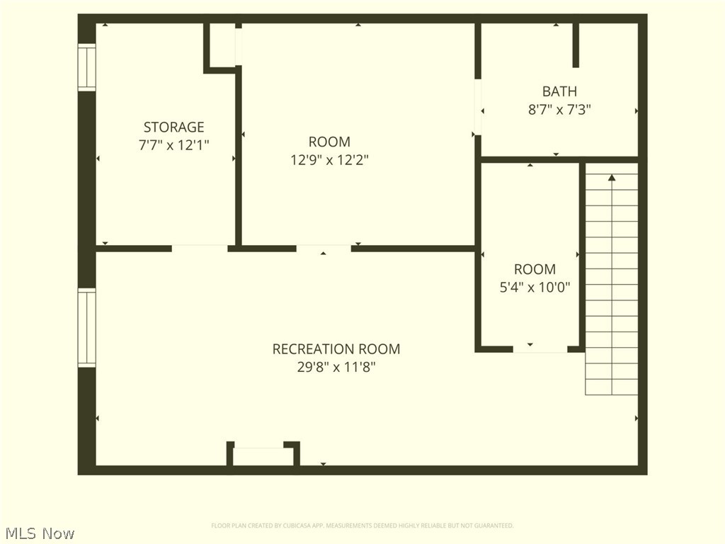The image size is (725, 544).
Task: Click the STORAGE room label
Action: click(x=173, y=127)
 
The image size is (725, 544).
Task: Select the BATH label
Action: click(x=559, y=91)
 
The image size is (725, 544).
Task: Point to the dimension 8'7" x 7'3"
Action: click(x=559, y=110)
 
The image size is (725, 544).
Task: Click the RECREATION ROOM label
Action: click(x=336, y=348)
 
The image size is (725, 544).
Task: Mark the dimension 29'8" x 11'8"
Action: click(x=336, y=367)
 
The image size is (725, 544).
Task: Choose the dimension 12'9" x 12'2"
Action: click(x=329, y=160)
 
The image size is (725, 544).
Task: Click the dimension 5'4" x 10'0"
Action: click(x=535, y=287)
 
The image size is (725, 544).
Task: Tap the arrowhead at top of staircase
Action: click(x=612, y=177)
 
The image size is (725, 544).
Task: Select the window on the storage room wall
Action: click(x=86, y=67)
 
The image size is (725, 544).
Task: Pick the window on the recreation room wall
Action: click(x=86, y=327)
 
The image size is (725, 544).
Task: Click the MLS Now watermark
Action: click(x=40, y=533)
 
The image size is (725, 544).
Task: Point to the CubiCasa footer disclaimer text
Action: click(x=362, y=526)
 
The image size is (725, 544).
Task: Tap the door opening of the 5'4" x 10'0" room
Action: click(x=540, y=348)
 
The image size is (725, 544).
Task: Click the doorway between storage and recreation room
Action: click(x=200, y=248)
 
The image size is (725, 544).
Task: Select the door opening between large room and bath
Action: click(x=478, y=106)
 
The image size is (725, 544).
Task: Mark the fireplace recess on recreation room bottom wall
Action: click(x=263, y=455)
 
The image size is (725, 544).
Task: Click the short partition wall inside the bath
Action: click(x=576, y=45)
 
